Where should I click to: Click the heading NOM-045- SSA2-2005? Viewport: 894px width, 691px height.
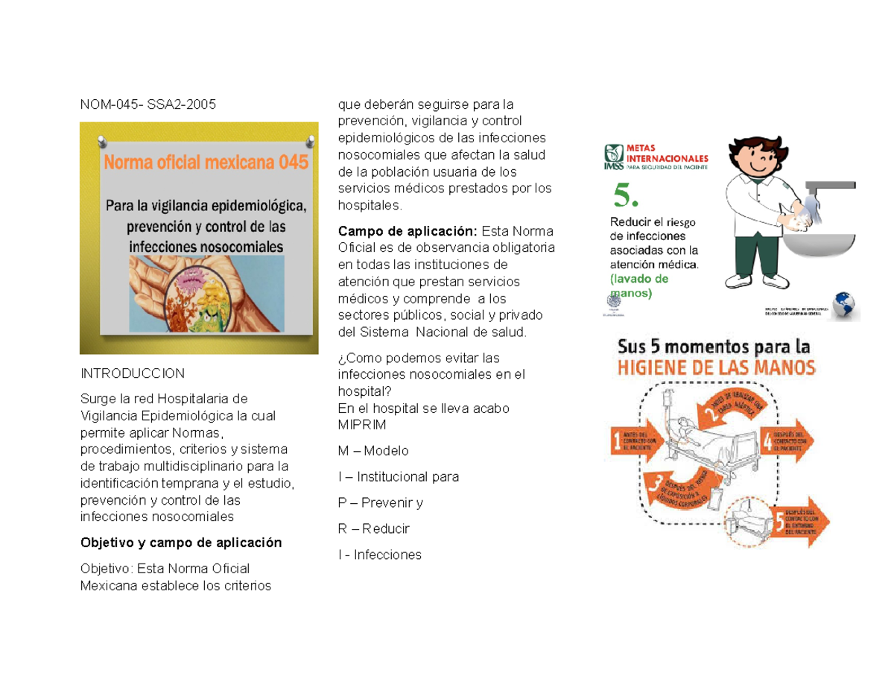point(148,104)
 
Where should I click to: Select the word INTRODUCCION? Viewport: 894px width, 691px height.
point(132,372)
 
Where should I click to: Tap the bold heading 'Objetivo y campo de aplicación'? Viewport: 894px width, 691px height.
point(181,543)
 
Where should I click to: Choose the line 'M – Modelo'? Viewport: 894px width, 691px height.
point(373,451)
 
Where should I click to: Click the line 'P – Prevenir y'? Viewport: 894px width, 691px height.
point(380,502)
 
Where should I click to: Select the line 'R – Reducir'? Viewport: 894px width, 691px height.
point(373,528)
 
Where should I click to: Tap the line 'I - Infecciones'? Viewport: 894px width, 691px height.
point(379,555)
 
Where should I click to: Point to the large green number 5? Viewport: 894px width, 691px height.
point(626,198)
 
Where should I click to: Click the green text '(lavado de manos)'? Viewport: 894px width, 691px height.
point(638,286)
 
